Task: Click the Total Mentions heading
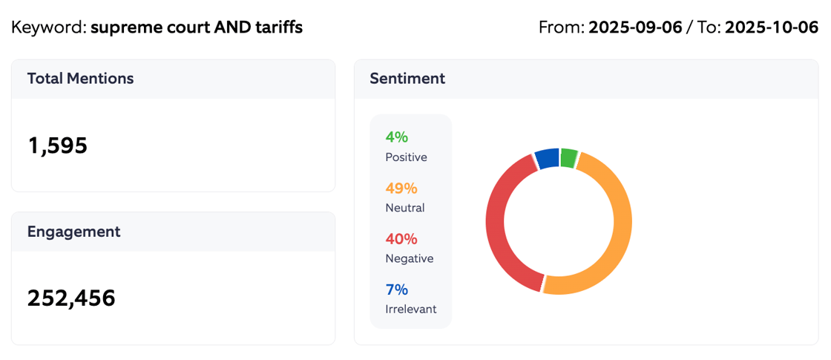pyautogui.click(x=80, y=79)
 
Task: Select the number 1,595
pyautogui.click(x=57, y=145)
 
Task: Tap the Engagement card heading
pyautogui.click(x=73, y=232)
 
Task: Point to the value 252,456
pyautogui.click(x=71, y=298)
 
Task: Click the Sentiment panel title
pyautogui.click(x=407, y=79)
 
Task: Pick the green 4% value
pyautogui.click(x=396, y=137)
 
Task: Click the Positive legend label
pyautogui.click(x=406, y=157)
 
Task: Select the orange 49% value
pyautogui.click(x=401, y=188)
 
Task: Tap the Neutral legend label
pyautogui.click(x=404, y=208)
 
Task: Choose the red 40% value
pyautogui.click(x=401, y=239)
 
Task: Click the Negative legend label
pyautogui.click(x=409, y=259)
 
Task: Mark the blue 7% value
pyautogui.click(x=396, y=289)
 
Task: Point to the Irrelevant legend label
pyautogui.click(x=410, y=310)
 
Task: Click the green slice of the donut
pyautogui.click(x=568, y=157)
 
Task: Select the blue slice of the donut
pyautogui.click(x=548, y=158)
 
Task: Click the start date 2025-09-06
pyautogui.click(x=634, y=27)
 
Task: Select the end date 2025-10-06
pyautogui.click(x=771, y=27)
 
